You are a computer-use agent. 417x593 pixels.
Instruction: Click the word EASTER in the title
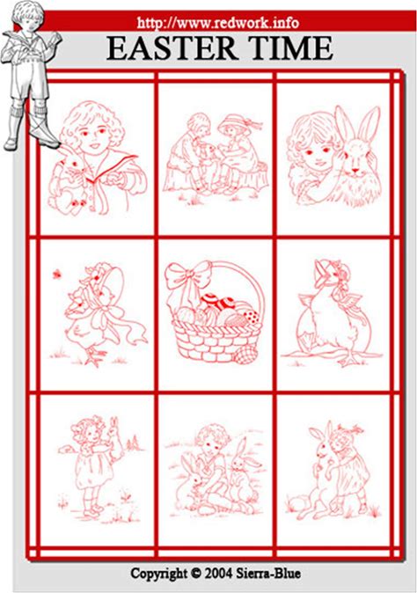(172, 48)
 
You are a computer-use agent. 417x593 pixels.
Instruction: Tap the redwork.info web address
(218, 23)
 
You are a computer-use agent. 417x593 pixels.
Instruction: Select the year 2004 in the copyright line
(219, 573)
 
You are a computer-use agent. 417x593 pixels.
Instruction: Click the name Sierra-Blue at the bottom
(268, 573)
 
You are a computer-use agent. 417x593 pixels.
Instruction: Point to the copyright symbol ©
(196, 574)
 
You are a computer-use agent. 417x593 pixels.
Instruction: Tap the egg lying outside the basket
(245, 355)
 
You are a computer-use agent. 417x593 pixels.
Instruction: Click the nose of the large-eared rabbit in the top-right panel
(355, 172)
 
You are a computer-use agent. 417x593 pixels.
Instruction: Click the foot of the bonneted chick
(94, 357)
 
